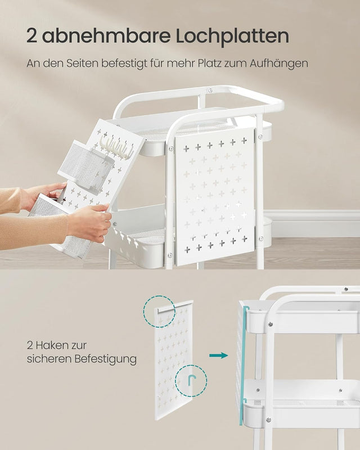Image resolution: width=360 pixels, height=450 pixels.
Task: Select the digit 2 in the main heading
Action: [33, 35]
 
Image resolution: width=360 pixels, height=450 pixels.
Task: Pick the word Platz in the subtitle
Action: [204, 63]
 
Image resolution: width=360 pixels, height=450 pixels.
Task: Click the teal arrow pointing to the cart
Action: [218, 355]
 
